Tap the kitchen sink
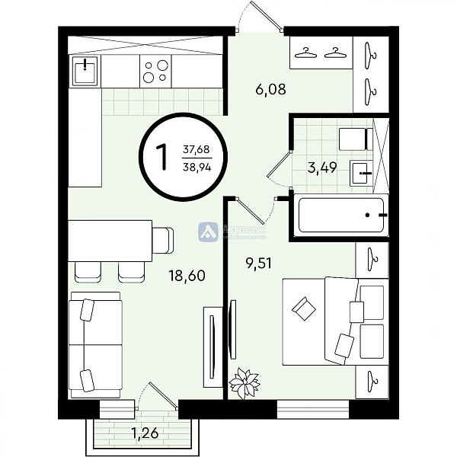(85, 72)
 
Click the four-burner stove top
(155, 72)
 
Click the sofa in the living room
(96, 344)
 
